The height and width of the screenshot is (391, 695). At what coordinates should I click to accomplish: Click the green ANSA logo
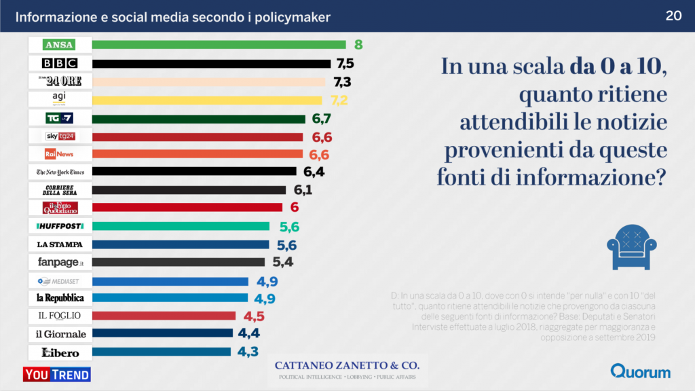pos(59,45)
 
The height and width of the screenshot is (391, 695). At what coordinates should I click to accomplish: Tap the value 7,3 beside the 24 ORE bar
pos(344,82)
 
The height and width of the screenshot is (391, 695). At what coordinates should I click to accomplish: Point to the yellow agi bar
pos(206,100)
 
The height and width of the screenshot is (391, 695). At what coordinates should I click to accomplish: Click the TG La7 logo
pos(59,119)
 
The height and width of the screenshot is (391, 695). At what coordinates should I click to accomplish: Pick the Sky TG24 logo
pos(59,136)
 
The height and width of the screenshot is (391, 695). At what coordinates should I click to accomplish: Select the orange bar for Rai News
pos(198,154)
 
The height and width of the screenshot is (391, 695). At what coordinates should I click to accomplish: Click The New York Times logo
pos(60,172)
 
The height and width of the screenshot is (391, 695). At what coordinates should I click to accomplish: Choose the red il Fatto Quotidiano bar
pos(187,208)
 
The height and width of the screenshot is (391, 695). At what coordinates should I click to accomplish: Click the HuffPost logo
pos(59,226)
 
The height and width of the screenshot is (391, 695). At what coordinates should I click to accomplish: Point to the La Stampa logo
pos(59,244)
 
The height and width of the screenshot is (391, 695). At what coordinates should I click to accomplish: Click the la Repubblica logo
pos(60,298)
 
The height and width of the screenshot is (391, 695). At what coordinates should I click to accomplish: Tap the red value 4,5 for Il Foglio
pos(253,316)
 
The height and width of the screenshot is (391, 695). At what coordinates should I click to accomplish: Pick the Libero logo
pos(60,352)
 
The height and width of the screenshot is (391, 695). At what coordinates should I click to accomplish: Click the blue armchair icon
pos(632,245)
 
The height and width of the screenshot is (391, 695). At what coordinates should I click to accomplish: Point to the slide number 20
pos(673,16)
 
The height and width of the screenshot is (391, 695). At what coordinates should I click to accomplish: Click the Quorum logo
pos(640,371)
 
